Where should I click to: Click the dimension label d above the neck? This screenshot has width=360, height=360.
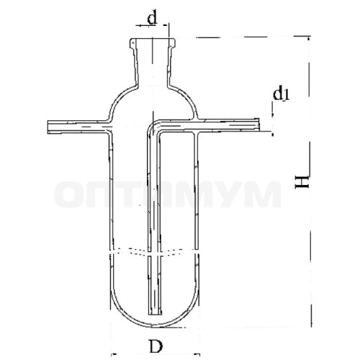152,18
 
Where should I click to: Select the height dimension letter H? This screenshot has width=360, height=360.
302,181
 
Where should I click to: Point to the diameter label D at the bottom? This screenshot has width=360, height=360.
156,346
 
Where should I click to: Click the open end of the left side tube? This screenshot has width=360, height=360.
48,127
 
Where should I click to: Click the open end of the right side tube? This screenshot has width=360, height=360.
258,125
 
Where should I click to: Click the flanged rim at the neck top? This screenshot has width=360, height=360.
153,42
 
